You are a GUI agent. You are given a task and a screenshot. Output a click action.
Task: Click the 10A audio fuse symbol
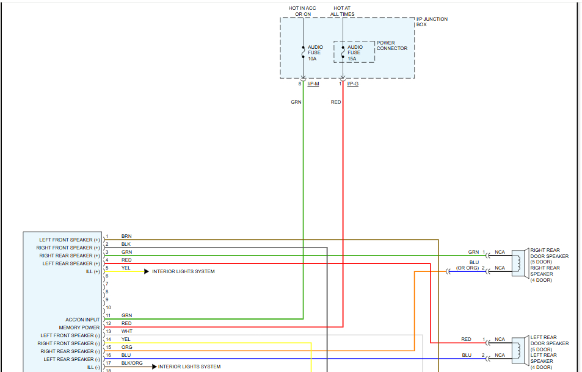pos(304,52)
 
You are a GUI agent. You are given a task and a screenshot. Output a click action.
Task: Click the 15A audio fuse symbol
pos(343,52)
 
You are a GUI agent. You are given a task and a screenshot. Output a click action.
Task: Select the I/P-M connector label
pos(313,84)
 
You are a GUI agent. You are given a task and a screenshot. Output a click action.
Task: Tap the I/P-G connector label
pos(352,84)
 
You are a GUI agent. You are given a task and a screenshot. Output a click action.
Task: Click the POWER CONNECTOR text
pos(391,46)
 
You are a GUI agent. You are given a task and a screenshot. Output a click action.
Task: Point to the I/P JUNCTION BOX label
pos(431,21)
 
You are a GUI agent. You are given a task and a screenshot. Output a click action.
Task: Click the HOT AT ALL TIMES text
pos(343,11)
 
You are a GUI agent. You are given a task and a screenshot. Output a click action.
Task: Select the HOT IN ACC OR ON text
pos(302,11)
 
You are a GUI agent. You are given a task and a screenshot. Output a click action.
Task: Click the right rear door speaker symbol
pos(520,263)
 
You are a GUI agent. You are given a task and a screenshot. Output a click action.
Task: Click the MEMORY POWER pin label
pos(79,327)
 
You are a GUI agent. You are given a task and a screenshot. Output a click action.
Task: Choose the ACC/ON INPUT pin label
pos(82,320)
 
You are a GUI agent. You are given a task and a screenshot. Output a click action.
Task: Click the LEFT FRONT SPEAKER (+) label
pos(70,240)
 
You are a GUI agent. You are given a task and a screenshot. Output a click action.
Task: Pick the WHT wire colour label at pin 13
pos(126,331)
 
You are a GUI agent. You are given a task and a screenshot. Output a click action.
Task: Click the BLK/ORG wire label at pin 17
pos(132,363)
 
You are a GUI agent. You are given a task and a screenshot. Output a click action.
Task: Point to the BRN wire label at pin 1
pos(126,236)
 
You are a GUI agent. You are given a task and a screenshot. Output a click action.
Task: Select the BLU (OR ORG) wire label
pos(468,265)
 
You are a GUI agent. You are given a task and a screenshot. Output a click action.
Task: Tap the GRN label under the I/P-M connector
pos(296,102)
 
